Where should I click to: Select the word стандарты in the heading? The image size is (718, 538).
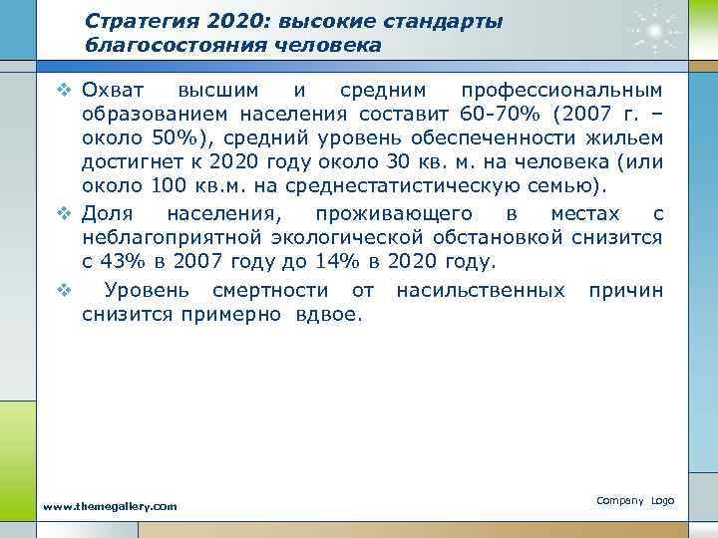(x=453, y=21)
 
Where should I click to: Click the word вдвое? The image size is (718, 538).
(x=338, y=315)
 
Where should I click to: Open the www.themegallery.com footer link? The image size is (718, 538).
(x=109, y=506)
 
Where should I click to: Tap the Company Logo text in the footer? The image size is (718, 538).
(x=635, y=498)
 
